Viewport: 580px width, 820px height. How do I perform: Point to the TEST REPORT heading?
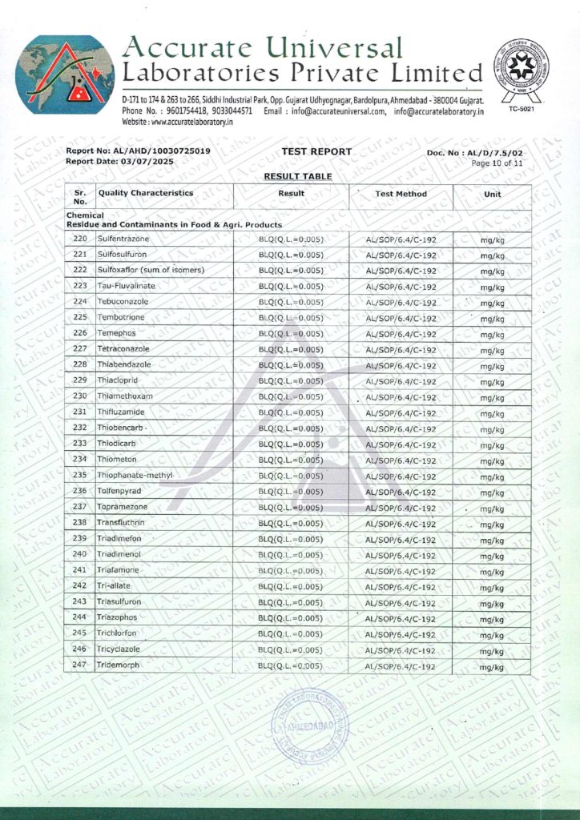click(x=316, y=151)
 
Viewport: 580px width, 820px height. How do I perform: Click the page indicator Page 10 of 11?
click(x=497, y=163)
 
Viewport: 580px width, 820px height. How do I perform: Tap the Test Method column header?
click(x=401, y=194)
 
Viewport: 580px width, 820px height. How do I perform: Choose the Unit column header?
click(x=491, y=194)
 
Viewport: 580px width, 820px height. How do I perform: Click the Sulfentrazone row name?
click(x=123, y=239)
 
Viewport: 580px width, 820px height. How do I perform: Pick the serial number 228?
click(x=79, y=365)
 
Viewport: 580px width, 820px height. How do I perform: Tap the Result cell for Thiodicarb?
click(x=291, y=444)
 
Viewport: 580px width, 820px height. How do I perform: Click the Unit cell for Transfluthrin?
click(x=491, y=524)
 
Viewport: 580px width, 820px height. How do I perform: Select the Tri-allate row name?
click(x=115, y=587)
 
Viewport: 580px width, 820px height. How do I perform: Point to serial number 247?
click(x=79, y=665)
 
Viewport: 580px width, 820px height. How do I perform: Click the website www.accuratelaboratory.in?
click(x=177, y=123)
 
